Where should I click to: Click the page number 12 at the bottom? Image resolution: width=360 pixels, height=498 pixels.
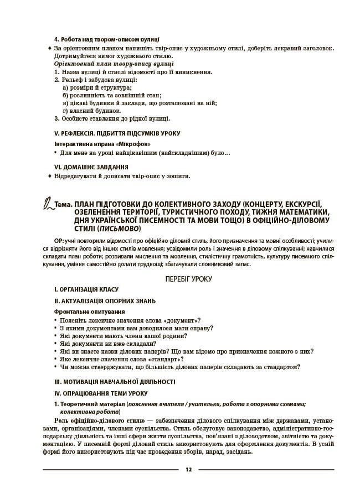pyautogui.click(x=188, y=470)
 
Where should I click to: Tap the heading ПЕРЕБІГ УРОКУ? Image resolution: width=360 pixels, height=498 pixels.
pyautogui.click(x=188, y=279)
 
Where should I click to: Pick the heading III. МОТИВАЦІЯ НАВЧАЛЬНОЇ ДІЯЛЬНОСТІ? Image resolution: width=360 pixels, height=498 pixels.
pyautogui.click(x=114, y=381)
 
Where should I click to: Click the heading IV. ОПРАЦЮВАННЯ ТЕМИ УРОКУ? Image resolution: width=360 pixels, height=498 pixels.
pyautogui.click(x=101, y=393)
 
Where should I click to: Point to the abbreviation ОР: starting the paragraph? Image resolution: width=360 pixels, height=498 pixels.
pyautogui.click(x=59, y=241)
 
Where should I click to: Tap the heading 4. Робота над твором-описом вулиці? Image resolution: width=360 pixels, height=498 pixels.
pyautogui.click(x=107, y=40)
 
